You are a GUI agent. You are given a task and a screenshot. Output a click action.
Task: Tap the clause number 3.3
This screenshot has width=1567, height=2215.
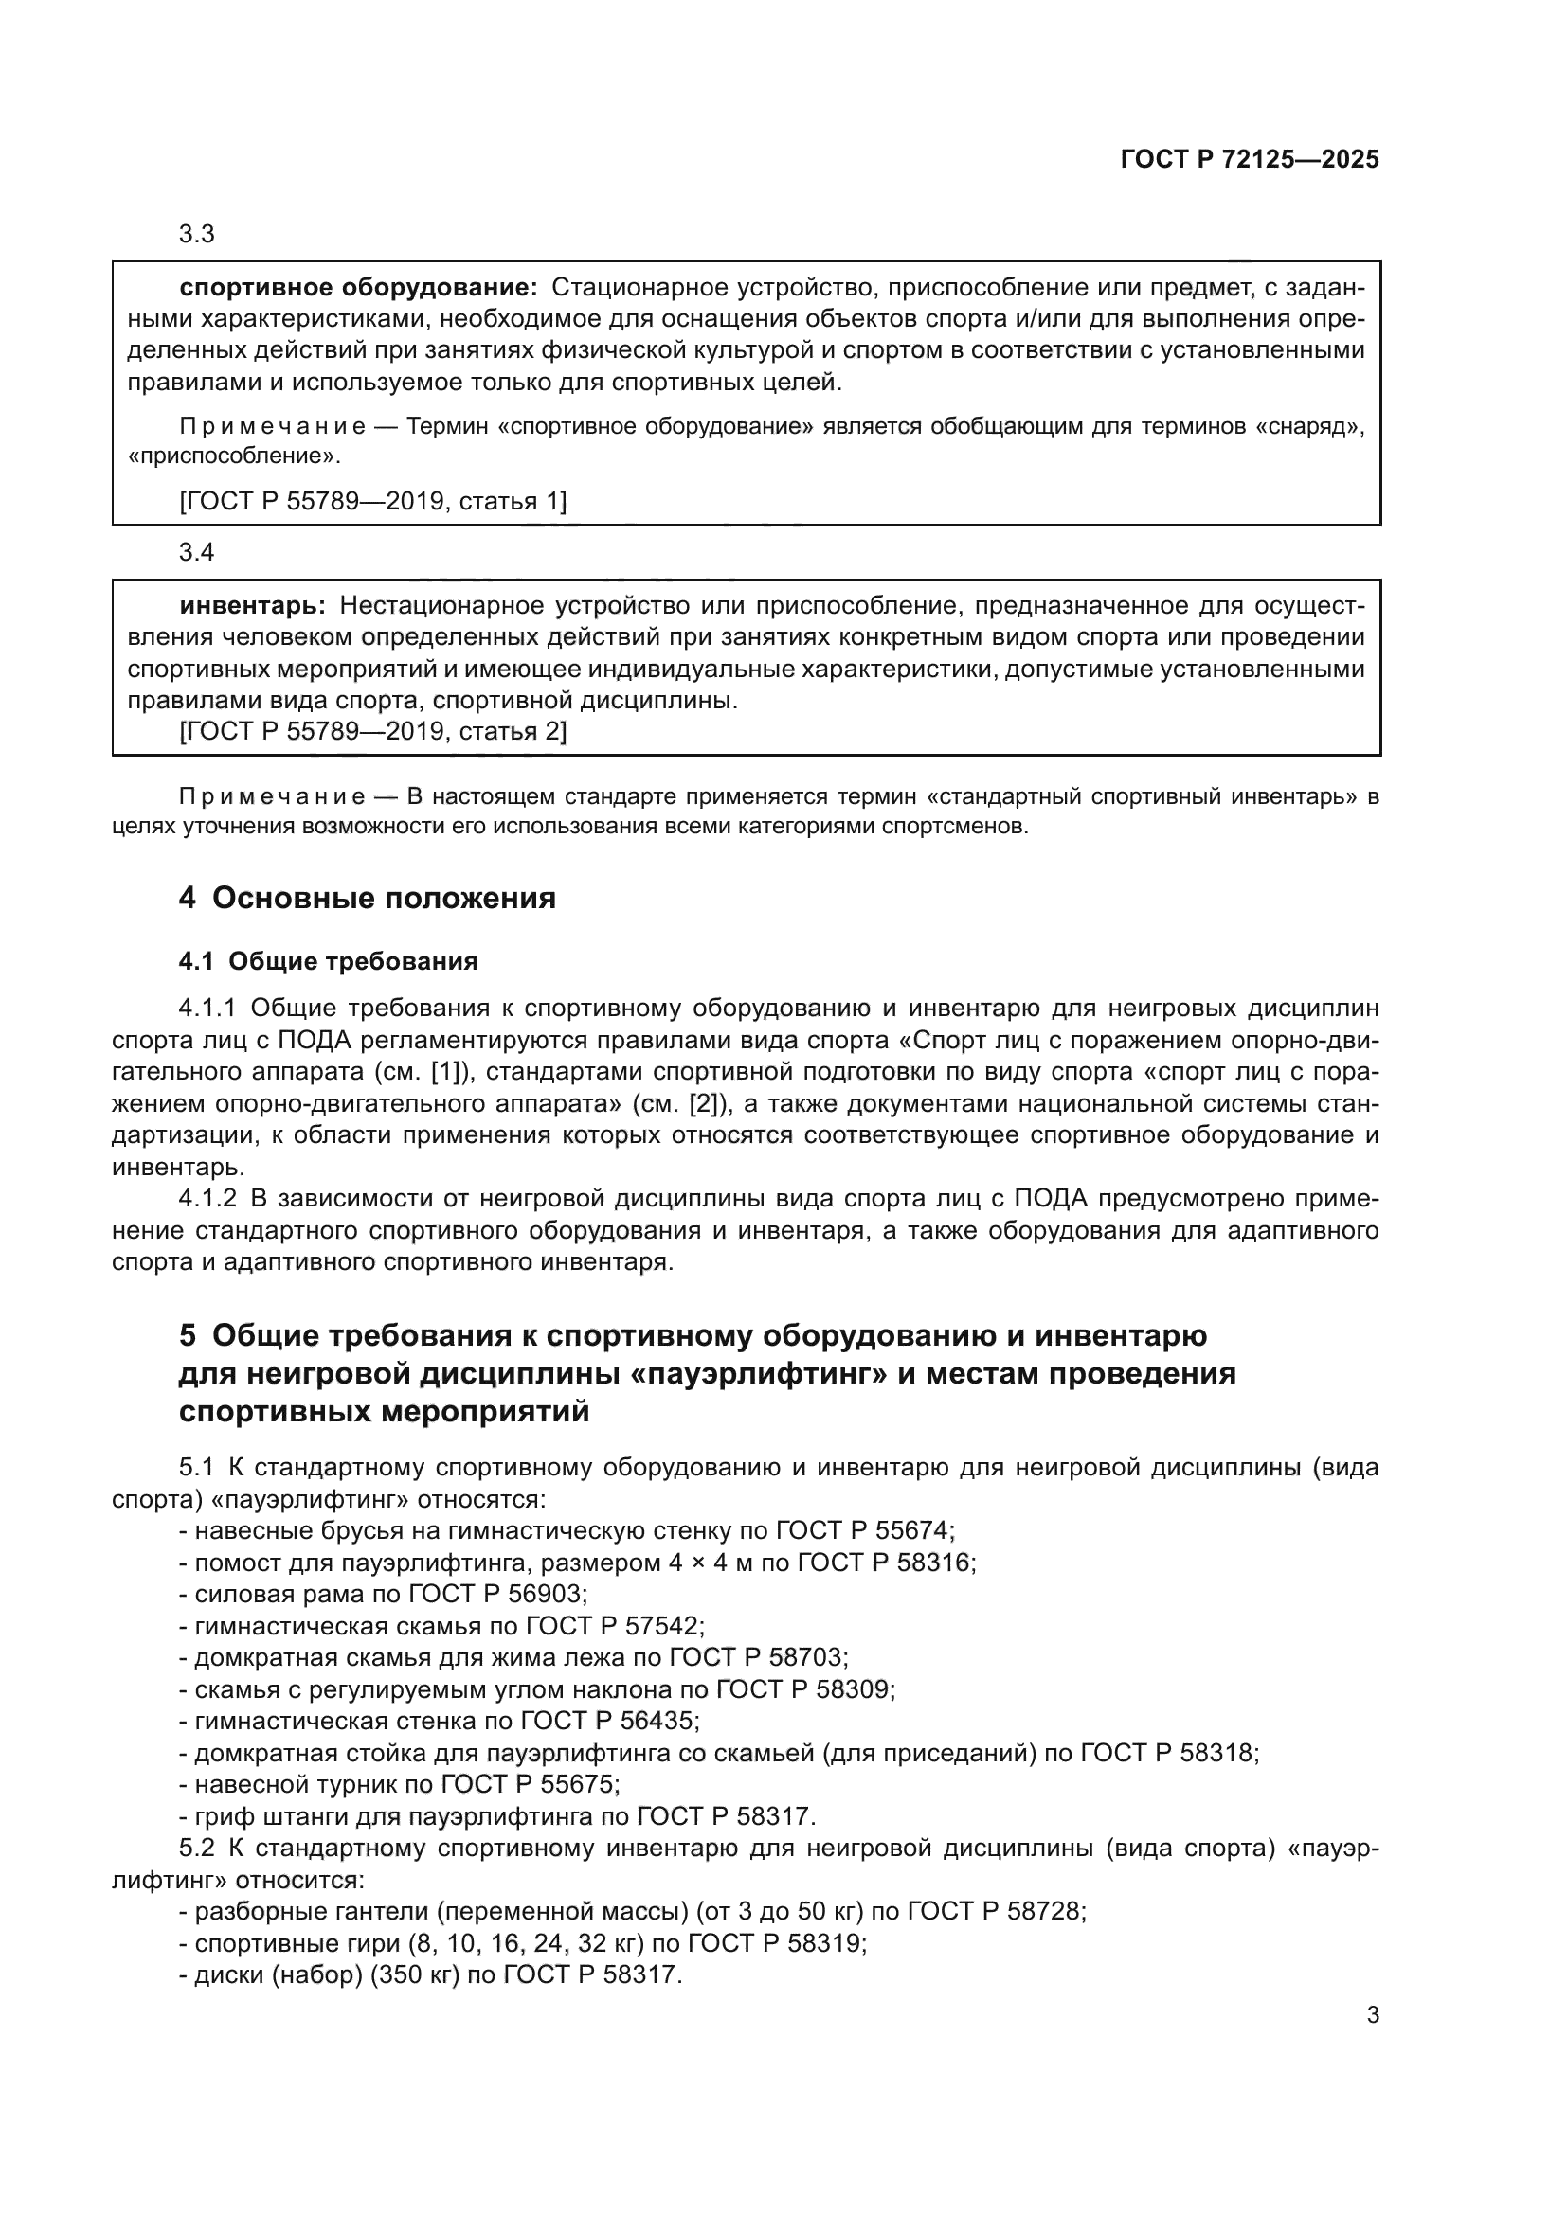click(x=197, y=235)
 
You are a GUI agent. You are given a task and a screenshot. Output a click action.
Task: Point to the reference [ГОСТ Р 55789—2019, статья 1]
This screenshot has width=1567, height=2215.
click(x=373, y=501)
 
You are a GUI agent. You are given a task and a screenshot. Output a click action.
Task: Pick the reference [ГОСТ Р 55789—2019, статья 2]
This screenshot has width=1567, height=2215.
click(x=373, y=731)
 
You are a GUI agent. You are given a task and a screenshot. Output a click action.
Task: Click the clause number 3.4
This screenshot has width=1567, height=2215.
click(x=197, y=553)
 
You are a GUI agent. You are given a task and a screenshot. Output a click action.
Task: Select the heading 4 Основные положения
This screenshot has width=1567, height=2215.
click(x=367, y=898)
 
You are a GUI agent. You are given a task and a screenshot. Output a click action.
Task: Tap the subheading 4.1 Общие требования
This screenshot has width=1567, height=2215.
click(x=328, y=961)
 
